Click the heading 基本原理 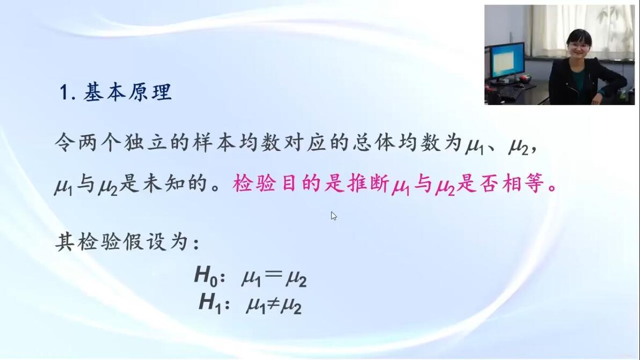click(127, 92)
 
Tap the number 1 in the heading click(64, 92)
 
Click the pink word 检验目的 click(278, 183)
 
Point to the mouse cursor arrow click(334, 216)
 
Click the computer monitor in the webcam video click(507, 62)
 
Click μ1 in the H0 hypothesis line click(251, 278)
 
